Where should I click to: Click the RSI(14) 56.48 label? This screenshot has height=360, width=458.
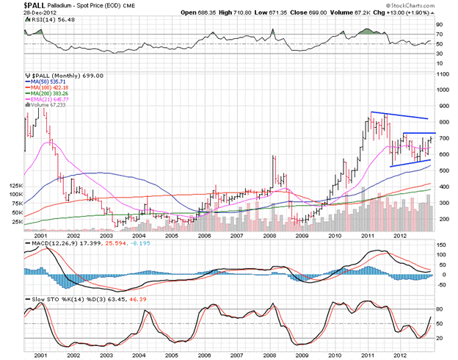46,21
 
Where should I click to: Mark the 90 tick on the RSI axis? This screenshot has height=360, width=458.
441,23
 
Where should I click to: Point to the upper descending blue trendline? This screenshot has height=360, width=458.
400,115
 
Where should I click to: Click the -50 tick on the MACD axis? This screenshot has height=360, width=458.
443,284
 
